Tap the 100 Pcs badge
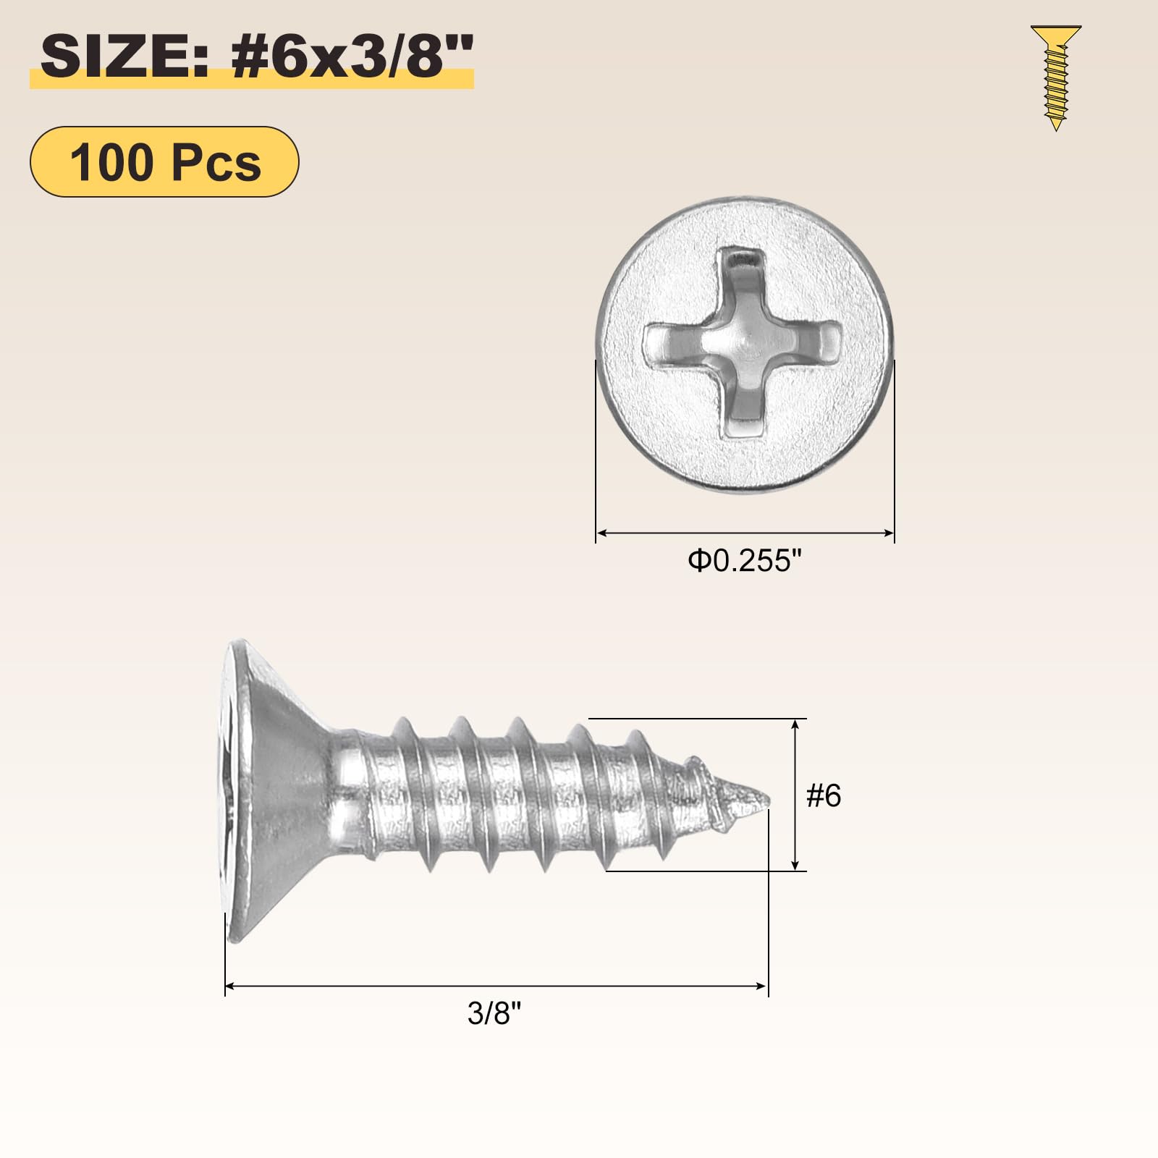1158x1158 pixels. coord(164,162)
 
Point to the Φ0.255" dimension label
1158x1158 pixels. coord(745,561)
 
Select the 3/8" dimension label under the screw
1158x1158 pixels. coord(494,1013)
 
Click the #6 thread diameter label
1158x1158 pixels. coord(824,796)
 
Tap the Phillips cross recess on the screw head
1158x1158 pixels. coord(743,344)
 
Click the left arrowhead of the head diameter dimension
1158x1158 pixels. coord(601,533)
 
